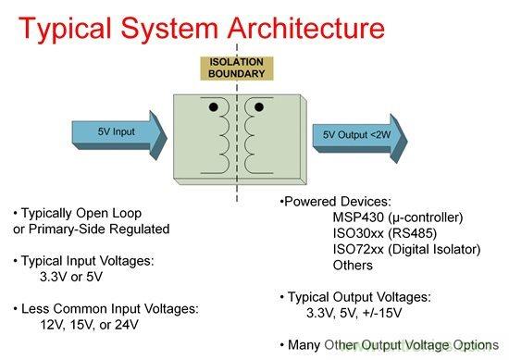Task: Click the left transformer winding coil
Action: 221,140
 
